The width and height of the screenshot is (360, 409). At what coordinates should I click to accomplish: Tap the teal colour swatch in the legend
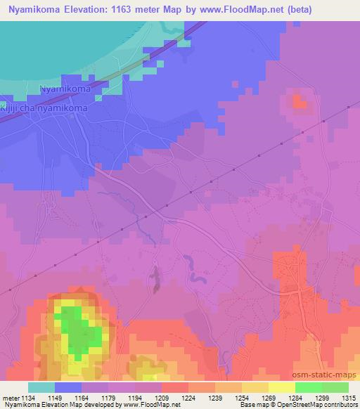[41, 387]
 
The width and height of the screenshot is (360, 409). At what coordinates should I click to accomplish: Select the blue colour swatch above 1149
[68, 387]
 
